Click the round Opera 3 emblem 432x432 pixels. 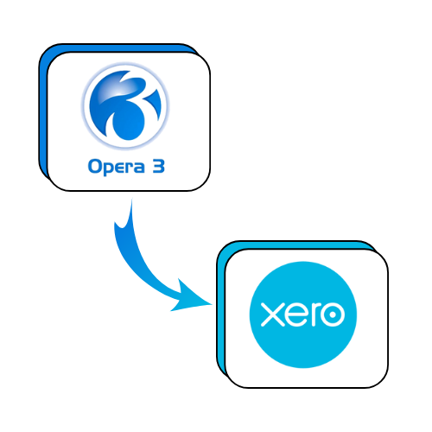pos(125,105)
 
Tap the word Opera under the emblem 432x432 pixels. pos(117,167)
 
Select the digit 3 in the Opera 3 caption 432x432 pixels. pos(159,166)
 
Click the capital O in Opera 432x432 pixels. pos(94,166)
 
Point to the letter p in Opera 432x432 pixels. pos(107,169)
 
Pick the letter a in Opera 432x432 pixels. pos(139,168)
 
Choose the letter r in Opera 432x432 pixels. pos(129,168)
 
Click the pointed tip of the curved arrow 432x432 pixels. pos(213,303)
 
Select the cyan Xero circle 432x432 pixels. pos(303,314)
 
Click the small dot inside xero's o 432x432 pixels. pos(333,314)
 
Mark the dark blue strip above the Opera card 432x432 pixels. pos(118,48)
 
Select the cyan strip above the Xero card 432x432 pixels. pos(296,245)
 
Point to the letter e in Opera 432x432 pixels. pos(119,168)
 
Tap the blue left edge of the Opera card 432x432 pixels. pos(43,115)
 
